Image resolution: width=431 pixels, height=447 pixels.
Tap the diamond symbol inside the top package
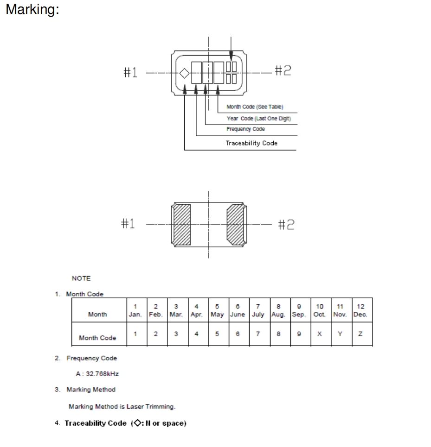(x=184, y=73)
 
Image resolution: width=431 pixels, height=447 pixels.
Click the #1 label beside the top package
(x=130, y=73)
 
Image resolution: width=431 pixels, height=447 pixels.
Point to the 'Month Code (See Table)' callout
(x=251, y=107)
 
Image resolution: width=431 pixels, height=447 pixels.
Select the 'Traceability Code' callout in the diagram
(x=251, y=143)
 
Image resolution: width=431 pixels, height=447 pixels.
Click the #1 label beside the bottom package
(x=130, y=223)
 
